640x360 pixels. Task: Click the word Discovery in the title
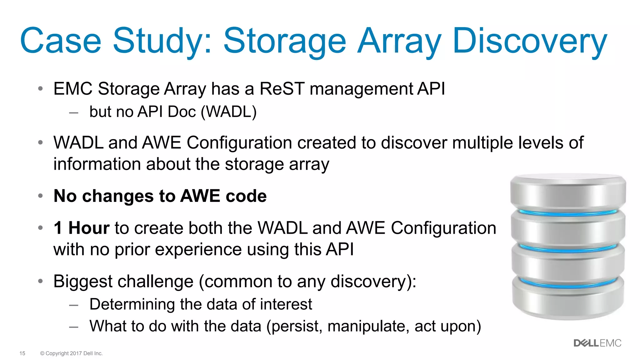529,41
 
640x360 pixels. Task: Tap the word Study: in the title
162,41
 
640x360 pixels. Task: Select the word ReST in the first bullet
282,89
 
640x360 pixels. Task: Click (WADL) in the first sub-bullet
228,112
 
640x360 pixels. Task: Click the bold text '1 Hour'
82,228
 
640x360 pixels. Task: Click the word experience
198,250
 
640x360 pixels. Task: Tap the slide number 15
22,353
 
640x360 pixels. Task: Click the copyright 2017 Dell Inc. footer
71,353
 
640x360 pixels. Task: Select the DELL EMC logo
597,343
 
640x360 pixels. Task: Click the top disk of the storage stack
568,192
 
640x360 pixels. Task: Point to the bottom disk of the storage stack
568,302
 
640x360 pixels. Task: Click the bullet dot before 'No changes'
40,196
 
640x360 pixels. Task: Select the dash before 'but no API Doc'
74,112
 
